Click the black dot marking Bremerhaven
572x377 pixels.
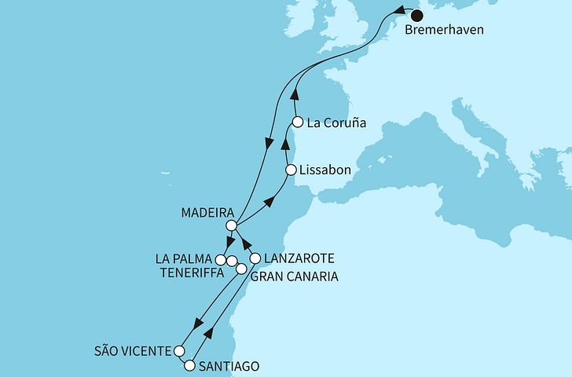coord(416,14)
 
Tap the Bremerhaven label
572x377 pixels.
coord(445,32)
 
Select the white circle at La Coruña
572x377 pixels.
coord(298,122)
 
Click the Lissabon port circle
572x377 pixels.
coord(291,170)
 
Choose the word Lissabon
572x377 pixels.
coord(324,170)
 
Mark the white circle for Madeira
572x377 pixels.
coord(231,225)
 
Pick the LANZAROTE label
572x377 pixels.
coord(300,258)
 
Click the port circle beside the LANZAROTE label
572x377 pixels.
coord(255,258)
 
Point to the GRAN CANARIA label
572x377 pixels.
coord(295,276)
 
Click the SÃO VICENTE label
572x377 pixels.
coord(130,350)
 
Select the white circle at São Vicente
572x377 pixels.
coord(180,350)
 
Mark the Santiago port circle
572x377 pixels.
coord(189,365)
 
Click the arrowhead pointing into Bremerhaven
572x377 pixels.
coord(399,11)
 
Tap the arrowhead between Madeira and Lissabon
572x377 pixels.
coord(269,203)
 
